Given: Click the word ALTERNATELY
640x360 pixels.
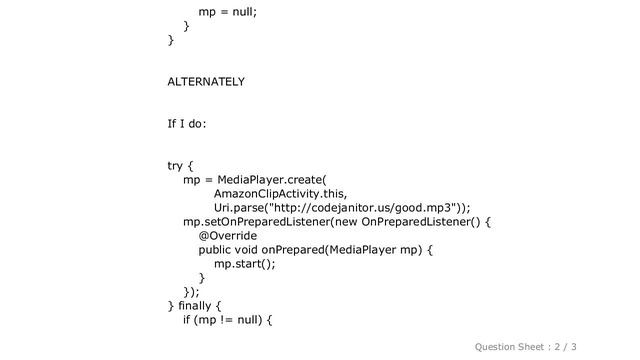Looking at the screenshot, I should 207,80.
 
